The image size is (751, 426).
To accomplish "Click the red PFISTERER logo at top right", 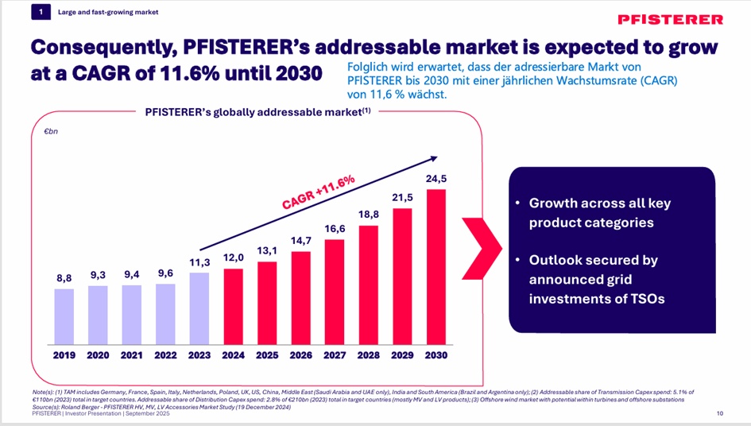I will pyautogui.click(x=670, y=19).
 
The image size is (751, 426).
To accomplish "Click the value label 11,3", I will pyautogui.click(x=199, y=263).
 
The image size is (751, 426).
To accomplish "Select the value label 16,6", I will pyautogui.click(x=335, y=228).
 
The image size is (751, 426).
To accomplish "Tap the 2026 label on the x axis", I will pyautogui.click(x=301, y=355).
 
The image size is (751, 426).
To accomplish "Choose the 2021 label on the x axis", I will pyautogui.click(x=131, y=355).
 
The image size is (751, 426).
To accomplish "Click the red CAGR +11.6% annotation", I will pyautogui.click(x=318, y=193).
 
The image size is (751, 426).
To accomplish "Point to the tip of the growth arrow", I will pyautogui.click(x=436, y=157).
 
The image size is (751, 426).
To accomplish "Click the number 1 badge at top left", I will pyautogui.click(x=40, y=12).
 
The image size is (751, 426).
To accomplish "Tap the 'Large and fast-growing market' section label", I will pyautogui.click(x=108, y=12).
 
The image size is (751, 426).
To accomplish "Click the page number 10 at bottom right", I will pyautogui.click(x=719, y=414).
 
